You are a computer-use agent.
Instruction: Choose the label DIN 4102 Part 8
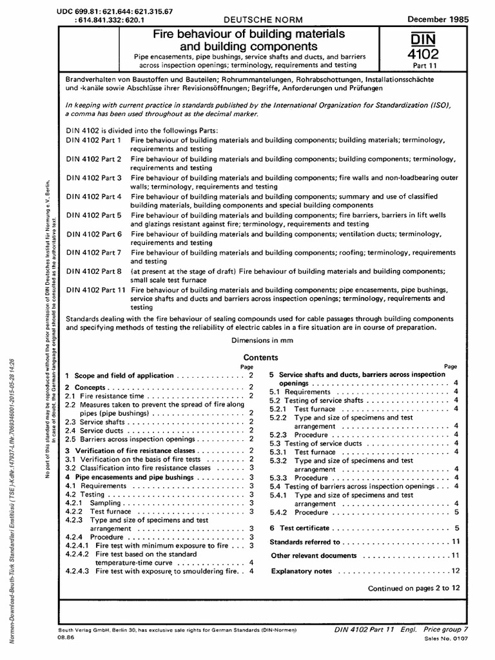[x=94, y=272]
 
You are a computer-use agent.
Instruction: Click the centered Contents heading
[x=260, y=358]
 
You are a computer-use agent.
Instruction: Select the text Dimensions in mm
[x=260, y=340]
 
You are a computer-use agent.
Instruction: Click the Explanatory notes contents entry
[x=302, y=571]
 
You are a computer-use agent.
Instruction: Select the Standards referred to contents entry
[x=305, y=542]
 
